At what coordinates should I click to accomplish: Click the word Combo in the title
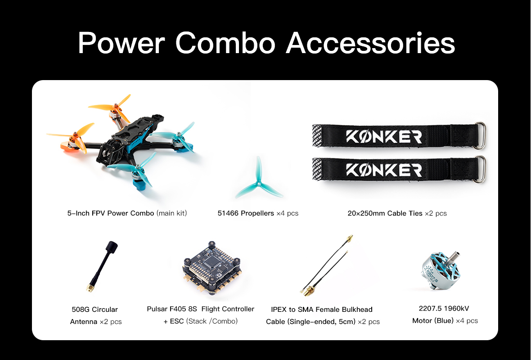[225, 43]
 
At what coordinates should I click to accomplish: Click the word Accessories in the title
[370, 43]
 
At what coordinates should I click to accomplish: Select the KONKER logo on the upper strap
[384, 137]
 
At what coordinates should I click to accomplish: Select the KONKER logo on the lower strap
[384, 170]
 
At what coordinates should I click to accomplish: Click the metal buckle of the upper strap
[481, 135]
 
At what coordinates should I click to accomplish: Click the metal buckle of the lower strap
[481, 169]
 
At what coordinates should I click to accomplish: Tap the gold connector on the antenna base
[90, 288]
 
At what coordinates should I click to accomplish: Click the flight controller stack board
[211, 269]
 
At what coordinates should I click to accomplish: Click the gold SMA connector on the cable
[308, 291]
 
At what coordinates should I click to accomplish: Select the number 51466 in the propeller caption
[228, 213]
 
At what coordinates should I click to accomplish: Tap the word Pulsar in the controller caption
[157, 309]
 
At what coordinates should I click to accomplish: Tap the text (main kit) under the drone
[171, 213]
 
